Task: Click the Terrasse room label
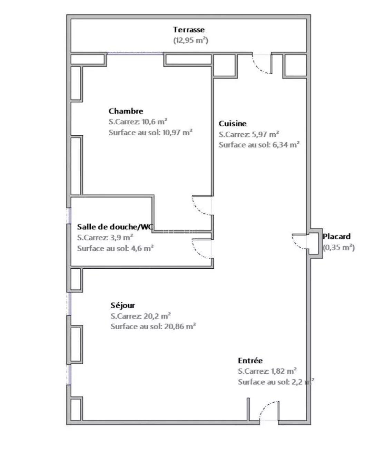pyautogui.click(x=189, y=30)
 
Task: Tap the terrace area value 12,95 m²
pyautogui.click(x=190, y=40)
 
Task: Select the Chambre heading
pyautogui.click(x=126, y=111)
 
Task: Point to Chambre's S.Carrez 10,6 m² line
pyautogui.click(x=138, y=122)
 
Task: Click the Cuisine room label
pyautogui.click(x=233, y=124)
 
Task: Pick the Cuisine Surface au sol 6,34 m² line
pyautogui.click(x=259, y=145)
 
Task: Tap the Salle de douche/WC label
pyautogui.click(x=115, y=227)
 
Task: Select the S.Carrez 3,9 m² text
pyautogui.click(x=105, y=238)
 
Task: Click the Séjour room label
pyautogui.click(x=123, y=305)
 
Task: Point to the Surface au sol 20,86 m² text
pyautogui.click(x=153, y=326)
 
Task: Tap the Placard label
pyautogui.click(x=336, y=236)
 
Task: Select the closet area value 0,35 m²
pyautogui.click(x=339, y=247)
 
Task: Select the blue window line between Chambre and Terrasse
pyautogui.click(x=135, y=54)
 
